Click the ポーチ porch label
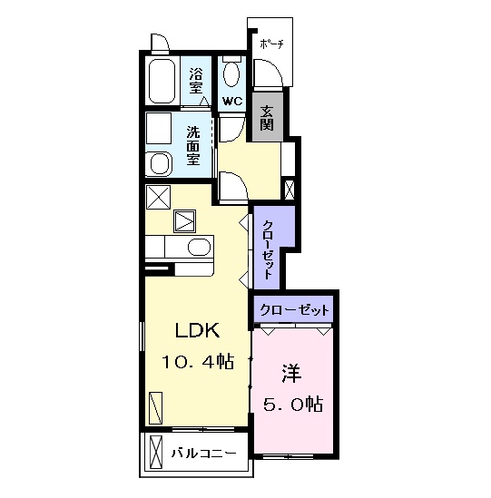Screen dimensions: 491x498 pyautogui.click(x=271, y=44)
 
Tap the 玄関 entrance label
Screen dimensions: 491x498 pyautogui.click(x=267, y=117)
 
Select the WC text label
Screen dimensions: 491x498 pyautogui.click(x=232, y=102)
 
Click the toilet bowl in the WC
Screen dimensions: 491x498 pyautogui.click(x=231, y=73)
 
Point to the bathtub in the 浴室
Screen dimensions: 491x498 pyautogui.click(x=162, y=81)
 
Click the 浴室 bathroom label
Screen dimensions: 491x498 pyautogui.click(x=196, y=81)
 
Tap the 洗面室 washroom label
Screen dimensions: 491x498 pyautogui.click(x=193, y=146)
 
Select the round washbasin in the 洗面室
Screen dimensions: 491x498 pyautogui.click(x=162, y=164)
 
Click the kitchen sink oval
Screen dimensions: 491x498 pyautogui.click(x=200, y=247)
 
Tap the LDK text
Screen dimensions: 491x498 pyautogui.click(x=197, y=330)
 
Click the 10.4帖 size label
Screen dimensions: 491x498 pyautogui.click(x=198, y=362)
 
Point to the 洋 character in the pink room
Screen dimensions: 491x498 pyautogui.click(x=291, y=374)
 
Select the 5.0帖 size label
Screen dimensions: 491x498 pyautogui.click(x=292, y=405)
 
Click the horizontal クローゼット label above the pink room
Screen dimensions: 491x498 pyautogui.click(x=294, y=309)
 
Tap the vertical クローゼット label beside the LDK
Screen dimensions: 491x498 pyautogui.click(x=267, y=249)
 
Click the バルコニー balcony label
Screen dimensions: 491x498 pyautogui.click(x=203, y=453)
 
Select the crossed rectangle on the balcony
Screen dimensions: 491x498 pyautogui.click(x=156, y=453)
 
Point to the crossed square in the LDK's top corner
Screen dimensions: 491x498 pyautogui.click(x=158, y=197)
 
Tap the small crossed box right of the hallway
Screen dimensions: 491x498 pyautogui.click(x=290, y=190)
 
